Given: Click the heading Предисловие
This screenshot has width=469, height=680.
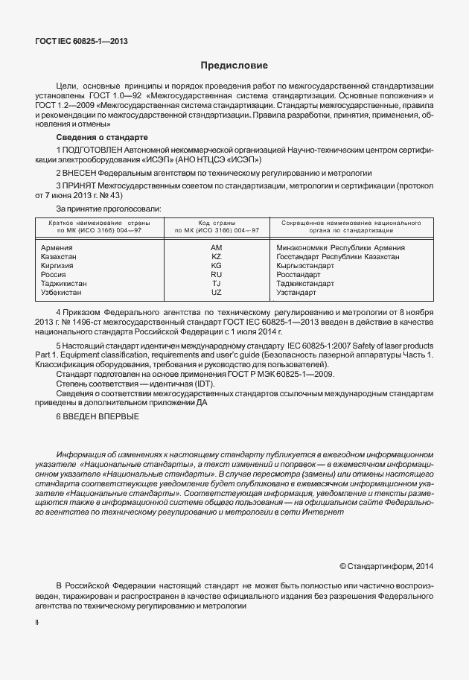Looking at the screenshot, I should coord(234,66).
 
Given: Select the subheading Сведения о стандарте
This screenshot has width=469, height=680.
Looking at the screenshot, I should coord(103,139).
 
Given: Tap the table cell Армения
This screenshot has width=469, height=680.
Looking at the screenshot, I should coord(57,247).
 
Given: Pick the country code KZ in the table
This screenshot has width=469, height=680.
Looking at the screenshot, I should coord(217,256).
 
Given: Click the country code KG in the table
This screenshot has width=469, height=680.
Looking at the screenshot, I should coord(217,265).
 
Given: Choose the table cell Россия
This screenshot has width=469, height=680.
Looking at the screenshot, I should coord(54,274).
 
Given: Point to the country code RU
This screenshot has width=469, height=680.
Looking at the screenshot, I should coord(217,274).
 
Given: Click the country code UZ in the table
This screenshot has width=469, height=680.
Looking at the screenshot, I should coord(217,292).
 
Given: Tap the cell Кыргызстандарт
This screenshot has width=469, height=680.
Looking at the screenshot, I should coord(305,265).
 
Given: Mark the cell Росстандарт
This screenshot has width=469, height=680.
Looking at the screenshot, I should coord(299,274).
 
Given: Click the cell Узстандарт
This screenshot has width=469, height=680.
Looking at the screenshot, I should coord(296,292).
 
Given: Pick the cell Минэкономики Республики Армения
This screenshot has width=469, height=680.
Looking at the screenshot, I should coord(340,247).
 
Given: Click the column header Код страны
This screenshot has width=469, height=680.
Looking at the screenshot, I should coord(217,223).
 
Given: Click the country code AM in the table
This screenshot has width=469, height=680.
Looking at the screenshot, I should coord(217,247).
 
